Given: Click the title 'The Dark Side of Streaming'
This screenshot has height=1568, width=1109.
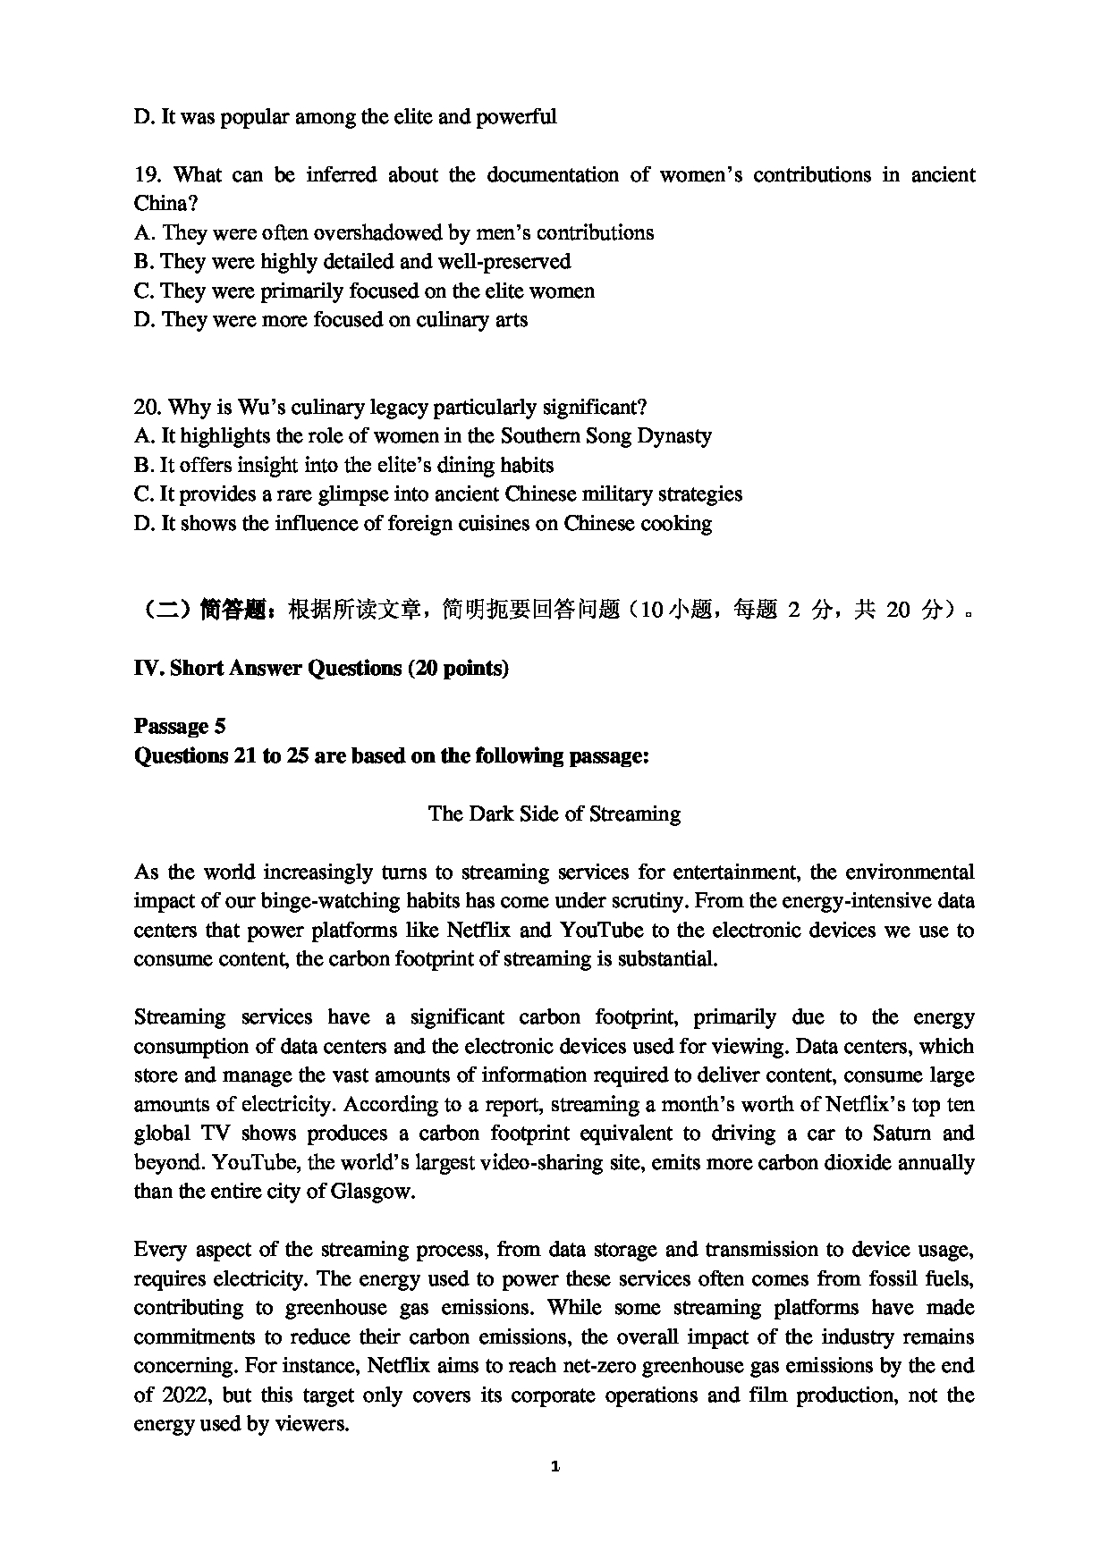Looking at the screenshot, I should [x=554, y=814].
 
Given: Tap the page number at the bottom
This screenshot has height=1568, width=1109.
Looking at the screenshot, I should [x=555, y=1466].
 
